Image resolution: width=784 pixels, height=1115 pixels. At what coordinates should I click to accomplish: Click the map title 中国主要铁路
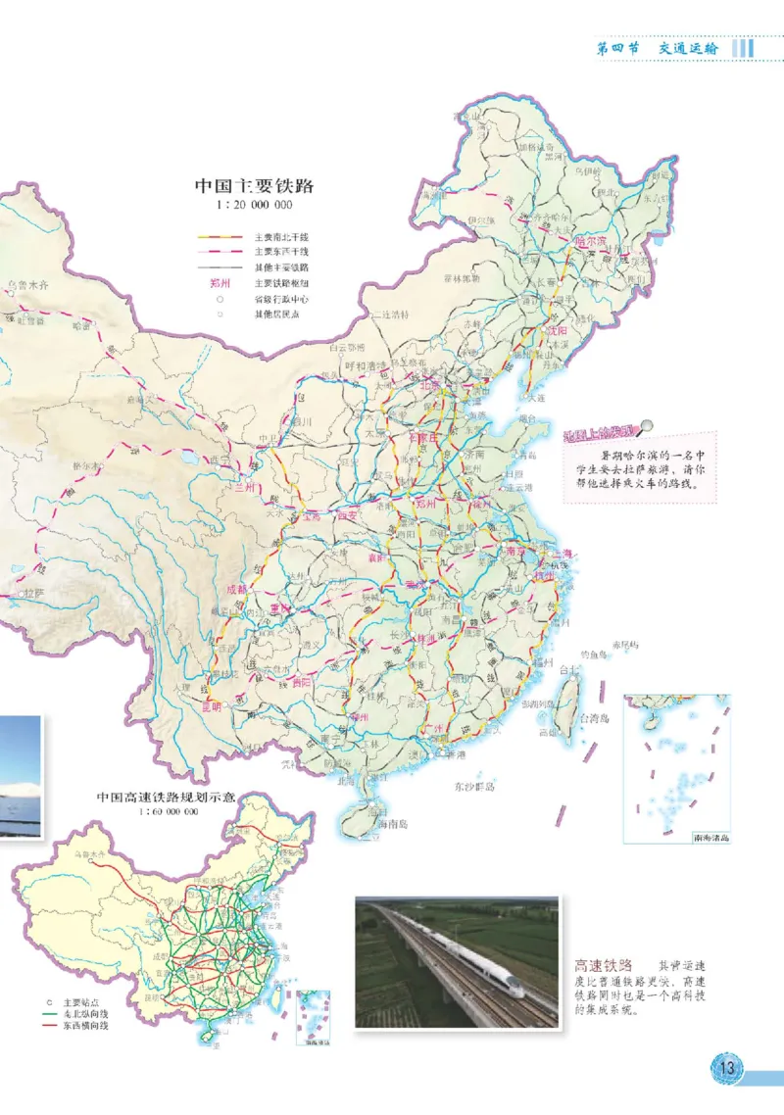point(260,186)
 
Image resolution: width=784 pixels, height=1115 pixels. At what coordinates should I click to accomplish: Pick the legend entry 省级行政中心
point(280,300)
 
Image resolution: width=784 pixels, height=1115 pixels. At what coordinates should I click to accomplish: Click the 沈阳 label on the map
point(555,331)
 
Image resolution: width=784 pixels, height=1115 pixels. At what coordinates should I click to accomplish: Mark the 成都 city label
point(236,590)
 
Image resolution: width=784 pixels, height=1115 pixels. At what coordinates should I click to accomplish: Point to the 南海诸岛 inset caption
point(710,839)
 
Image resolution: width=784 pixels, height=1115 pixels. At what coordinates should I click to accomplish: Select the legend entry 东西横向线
point(85,1026)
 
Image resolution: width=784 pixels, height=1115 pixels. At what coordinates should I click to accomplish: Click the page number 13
point(727,1067)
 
